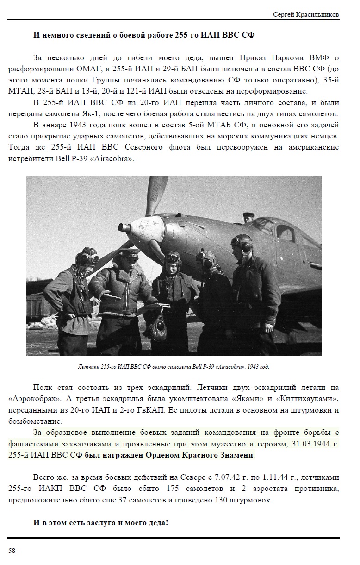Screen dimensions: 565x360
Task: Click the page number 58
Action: [x=12, y=550]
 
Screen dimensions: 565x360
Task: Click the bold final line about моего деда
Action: [x=100, y=522]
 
